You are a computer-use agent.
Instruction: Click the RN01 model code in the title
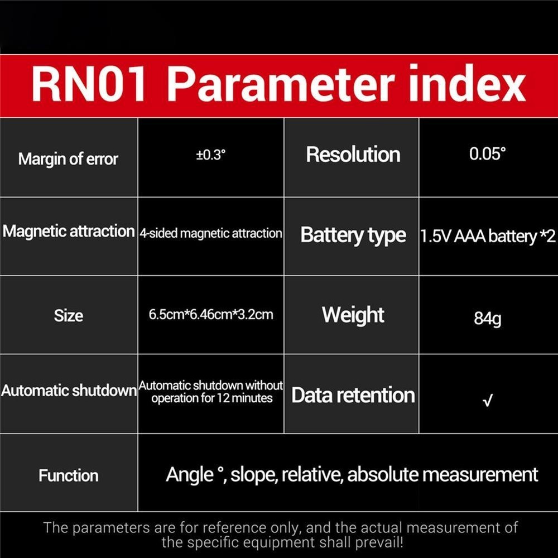point(89,85)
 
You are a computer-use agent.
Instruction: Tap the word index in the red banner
point(467,84)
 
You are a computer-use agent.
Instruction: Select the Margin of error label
point(68,159)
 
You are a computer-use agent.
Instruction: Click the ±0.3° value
point(211,155)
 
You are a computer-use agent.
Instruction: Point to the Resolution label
point(353,155)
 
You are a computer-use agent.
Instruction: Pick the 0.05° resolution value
point(487,154)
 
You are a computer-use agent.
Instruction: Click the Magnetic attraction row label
point(69,232)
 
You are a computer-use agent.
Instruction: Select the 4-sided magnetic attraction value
point(211,233)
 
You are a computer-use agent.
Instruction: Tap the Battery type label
point(353,235)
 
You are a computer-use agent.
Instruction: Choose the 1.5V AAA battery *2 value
point(488,236)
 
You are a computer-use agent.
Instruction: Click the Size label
point(68,316)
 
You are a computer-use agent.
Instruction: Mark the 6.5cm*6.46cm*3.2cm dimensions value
point(211,315)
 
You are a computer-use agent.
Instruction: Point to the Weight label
point(353,315)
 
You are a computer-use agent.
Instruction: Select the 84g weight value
point(487,319)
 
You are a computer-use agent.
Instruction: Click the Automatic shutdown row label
point(69,391)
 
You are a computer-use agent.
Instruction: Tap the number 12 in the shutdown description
point(223,398)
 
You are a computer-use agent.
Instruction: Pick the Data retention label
point(353,396)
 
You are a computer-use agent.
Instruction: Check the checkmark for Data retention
point(488,401)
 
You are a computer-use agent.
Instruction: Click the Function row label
point(68,475)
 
